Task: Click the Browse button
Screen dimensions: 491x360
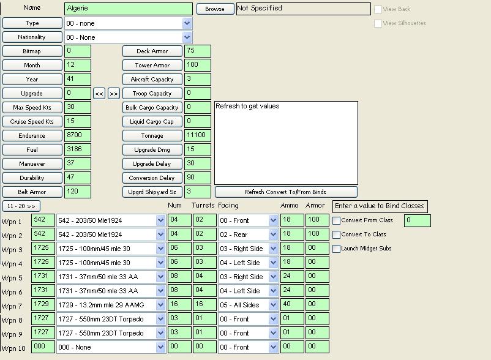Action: click(215, 9)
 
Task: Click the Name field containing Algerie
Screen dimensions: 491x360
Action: click(129, 9)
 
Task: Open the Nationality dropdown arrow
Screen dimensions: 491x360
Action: click(187, 37)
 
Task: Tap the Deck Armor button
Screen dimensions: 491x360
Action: click(152, 51)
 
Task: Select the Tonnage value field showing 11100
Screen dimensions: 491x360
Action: click(198, 135)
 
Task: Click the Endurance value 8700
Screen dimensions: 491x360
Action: click(78, 135)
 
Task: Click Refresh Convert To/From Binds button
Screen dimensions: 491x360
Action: click(286, 192)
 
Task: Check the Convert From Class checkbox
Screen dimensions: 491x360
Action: click(336, 220)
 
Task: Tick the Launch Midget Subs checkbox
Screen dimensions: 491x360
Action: click(336, 249)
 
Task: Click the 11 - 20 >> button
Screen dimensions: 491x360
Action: click(21, 206)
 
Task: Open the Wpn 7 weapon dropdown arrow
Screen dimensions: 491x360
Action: click(160, 305)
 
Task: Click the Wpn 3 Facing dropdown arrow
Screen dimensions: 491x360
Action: click(274, 249)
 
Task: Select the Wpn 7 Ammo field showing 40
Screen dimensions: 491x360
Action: click(292, 304)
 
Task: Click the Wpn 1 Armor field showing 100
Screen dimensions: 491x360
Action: click(317, 220)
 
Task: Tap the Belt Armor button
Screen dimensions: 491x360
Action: click(32, 192)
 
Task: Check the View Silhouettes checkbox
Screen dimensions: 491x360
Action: click(378, 23)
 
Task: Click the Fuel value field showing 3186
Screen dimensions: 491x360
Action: click(78, 149)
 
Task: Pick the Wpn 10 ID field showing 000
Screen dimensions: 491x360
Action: click(43, 347)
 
